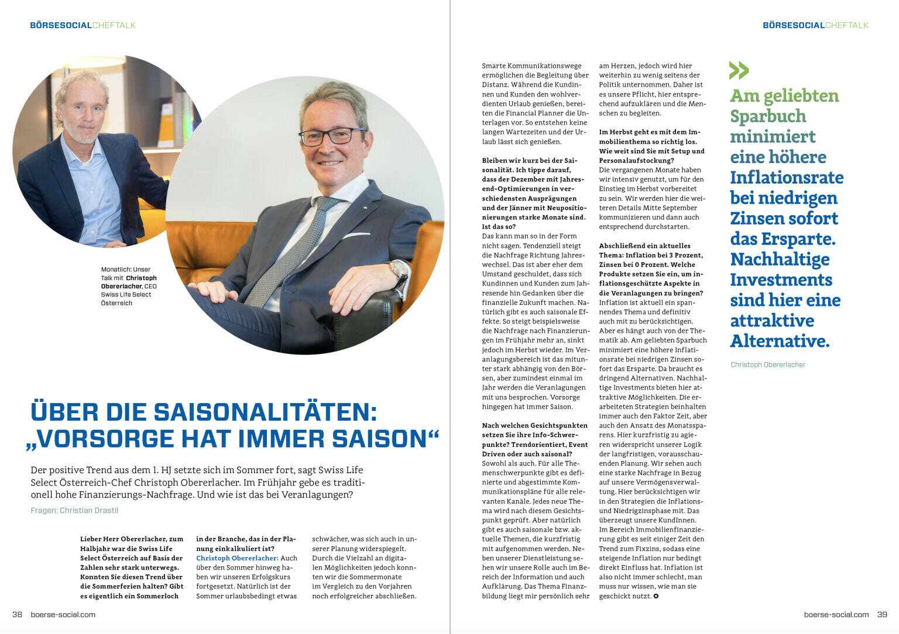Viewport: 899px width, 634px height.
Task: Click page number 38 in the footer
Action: [x=17, y=614]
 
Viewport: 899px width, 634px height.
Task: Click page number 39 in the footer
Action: [x=882, y=614]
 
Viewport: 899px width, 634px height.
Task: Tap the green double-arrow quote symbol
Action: [x=739, y=70]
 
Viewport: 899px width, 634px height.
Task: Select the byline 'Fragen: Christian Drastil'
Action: [x=74, y=511]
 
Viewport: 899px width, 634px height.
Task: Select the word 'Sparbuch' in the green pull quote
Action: [x=768, y=116]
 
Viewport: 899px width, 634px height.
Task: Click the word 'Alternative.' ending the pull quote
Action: [x=780, y=341]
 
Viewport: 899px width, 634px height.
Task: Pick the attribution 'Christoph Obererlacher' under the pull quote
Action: [x=768, y=365]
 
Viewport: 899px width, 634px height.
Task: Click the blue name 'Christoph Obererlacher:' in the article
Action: [x=237, y=558]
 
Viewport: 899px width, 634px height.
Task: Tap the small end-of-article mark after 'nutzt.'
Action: [x=656, y=596]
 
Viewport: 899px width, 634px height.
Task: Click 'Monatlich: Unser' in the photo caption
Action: [x=126, y=270]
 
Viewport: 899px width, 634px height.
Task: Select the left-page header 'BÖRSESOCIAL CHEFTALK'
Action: [x=83, y=25]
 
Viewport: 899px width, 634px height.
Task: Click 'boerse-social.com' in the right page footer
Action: [x=836, y=614]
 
